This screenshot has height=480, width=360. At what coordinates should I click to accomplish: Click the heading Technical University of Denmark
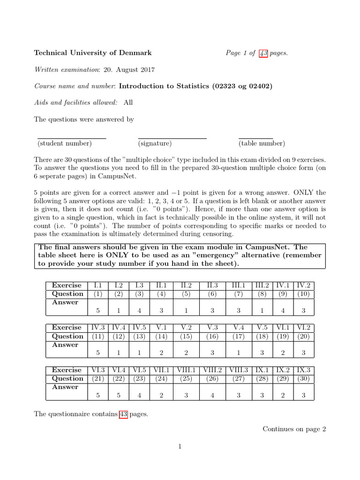point(92,53)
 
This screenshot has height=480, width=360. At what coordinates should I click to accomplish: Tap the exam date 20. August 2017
point(129,70)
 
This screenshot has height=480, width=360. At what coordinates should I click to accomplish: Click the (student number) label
point(65,143)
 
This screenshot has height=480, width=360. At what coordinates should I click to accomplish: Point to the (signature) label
point(155,143)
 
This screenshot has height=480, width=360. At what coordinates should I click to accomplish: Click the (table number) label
point(262,143)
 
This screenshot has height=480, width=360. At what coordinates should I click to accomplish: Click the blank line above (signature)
point(172,138)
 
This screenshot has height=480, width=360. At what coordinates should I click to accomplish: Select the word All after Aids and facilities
point(128,103)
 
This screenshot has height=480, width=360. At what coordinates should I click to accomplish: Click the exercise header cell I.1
point(98,285)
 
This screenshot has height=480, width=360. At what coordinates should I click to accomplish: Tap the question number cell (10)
point(303,294)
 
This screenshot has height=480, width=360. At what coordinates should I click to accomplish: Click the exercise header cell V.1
point(161,328)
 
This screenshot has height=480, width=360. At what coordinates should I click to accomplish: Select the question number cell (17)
point(239,336)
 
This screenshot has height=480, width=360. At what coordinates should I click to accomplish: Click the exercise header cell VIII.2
point(213,370)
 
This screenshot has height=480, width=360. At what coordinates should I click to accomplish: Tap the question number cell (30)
point(303,378)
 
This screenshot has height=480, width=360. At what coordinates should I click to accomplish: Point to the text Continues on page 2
point(294,428)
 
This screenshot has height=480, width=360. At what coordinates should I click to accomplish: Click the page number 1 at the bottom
point(180,446)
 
